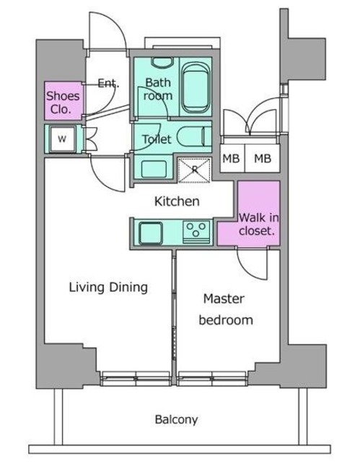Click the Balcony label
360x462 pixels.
point(176,419)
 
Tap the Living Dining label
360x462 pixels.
point(108,287)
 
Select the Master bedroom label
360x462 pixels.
point(226,310)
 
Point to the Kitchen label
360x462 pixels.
point(177,201)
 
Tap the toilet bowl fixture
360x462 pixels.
point(194,137)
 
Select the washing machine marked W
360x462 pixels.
point(62,139)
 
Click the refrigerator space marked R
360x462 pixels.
point(195,170)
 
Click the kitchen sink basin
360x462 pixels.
point(151,233)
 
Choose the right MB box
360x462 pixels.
point(263,159)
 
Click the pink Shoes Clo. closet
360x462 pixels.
point(63,101)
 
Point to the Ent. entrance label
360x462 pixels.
point(108,84)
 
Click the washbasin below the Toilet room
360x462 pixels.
point(154,169)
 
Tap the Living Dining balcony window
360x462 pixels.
point(136,378)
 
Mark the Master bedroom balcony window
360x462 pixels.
point(212,378)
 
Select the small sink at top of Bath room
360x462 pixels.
point(162,62)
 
